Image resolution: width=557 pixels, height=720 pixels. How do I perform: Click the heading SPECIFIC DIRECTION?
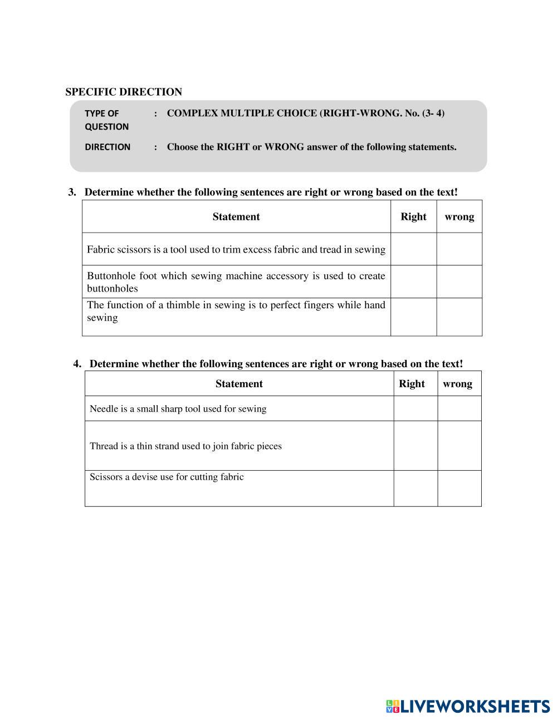pyautogui.click(x=124, y=92)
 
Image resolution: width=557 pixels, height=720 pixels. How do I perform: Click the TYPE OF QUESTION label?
pyautogui.click(x=106, y=120)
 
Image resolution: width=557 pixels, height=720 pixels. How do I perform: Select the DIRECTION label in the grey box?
pyautogui.click(x=108, y=147)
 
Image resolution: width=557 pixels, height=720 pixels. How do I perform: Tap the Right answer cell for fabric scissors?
pyautogui.click(x=413, y=249)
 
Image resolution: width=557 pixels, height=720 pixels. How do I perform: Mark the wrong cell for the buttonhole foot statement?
pyautogui.click(x=459, y=282)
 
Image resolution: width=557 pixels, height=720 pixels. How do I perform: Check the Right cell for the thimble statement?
pyautogui.click(x=413, y=317)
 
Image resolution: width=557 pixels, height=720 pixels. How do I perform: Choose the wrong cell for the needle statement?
pyautogui.click(x=459, y=408)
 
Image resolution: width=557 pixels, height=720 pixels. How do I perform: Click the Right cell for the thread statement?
pyautogui.click(x=416, y=446)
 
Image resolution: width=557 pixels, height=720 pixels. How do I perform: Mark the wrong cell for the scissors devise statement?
pyautogui.click(x=459, y=488)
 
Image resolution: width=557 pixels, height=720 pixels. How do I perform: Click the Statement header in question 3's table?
pyautogui.click(x=236, y=216)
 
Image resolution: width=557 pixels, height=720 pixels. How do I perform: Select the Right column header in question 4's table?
pyautogui.click(x=412, y=383)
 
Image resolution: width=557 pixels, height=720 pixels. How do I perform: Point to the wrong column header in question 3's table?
pyautogui.click(x=459, y=216)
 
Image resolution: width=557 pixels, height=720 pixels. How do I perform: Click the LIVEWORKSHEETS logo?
pyautogui.click(x=468, y=706)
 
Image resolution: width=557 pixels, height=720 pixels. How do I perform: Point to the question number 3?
pyautogui.click(x=72, y=193)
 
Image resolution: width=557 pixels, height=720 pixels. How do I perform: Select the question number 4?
pyautogui.click(x=77, y=364)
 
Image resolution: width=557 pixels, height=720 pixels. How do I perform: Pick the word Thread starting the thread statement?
pyautogui.click(x=104, y=446)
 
